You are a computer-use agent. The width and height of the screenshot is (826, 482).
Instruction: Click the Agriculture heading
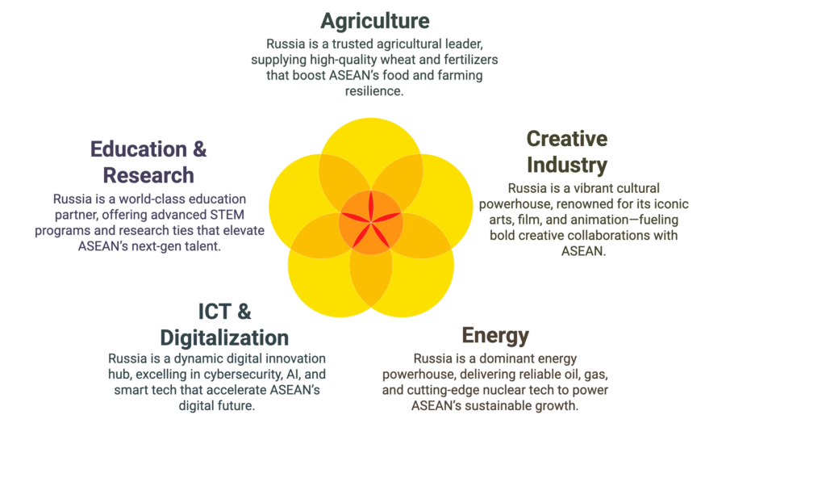(x=374, y=21)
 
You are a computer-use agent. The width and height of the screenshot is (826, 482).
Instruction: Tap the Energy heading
(x=495, y=335)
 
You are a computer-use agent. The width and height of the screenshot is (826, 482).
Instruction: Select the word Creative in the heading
(x=567, y=139)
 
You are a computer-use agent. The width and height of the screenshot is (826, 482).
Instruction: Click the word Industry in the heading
(x=567, y=165)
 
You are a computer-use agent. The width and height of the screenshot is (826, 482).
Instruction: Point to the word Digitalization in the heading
(x=224, y=337)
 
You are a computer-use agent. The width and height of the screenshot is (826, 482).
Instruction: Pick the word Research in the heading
(x=148, y=175)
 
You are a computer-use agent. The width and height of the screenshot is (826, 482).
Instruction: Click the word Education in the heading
(x=139, y=149)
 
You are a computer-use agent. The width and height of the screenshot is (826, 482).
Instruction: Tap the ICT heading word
(x=215, y=311)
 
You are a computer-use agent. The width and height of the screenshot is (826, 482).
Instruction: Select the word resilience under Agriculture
(x=374, y=91)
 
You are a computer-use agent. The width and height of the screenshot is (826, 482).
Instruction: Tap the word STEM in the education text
(x=228, y=215)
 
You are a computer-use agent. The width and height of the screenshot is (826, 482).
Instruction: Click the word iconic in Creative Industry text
(x=670, y=204)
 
